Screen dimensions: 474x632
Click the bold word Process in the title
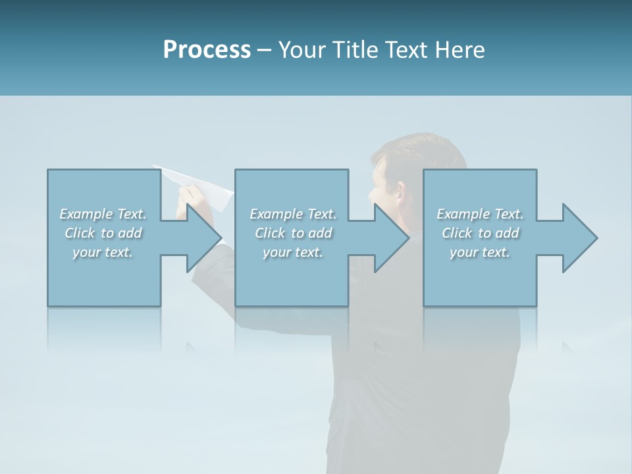[x=207, y=49]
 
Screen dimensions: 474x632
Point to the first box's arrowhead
[x=204, y=238]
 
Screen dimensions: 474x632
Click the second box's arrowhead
[x=392, y=238]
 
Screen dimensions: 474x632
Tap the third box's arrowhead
[x=579, y=238]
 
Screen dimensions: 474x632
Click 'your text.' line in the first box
[x=103, y=252]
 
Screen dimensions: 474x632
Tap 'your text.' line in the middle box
[x=292, y=252]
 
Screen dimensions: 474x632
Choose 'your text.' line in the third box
[x=480, y=252]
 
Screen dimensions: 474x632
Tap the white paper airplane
[x=197, y=181]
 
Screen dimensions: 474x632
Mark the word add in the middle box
[x=321, y=233]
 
